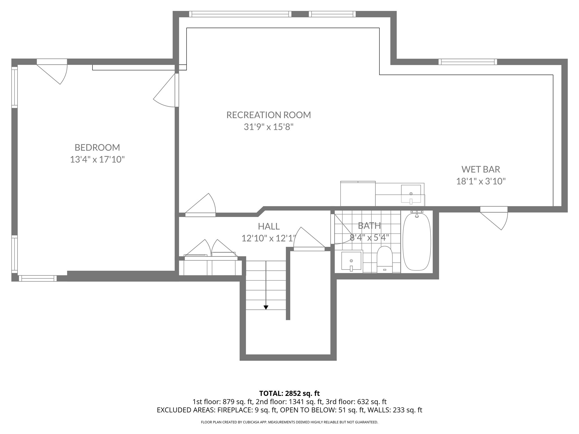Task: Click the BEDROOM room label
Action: coord(97,147)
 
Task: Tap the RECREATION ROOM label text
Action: coord(268,115)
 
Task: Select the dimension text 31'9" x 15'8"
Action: coord(268,127)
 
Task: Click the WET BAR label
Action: coord(481,169)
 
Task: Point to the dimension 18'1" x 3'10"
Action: coord(481,181)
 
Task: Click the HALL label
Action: coord(269,226)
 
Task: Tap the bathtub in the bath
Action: coord(417,242)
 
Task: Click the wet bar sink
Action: coord(411,194)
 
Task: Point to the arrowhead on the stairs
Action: coord(266,307)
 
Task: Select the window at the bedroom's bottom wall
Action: coord(38,278)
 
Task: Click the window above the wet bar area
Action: coord(468,62)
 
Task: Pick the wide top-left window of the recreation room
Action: coord(240,14)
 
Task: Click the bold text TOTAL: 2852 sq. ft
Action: coord(289,393)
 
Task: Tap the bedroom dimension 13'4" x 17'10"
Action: coord(97,160)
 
